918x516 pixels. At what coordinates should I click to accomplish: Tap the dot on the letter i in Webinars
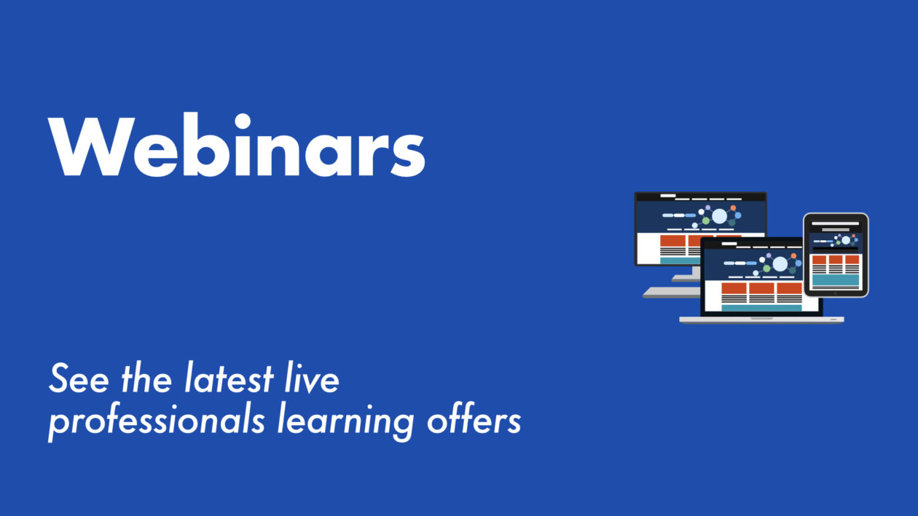coord(242,121)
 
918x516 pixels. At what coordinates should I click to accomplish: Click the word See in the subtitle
coord(79,378)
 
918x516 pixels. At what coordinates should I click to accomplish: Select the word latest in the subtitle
coord(229,377)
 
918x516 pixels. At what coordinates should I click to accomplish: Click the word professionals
coord(157,422)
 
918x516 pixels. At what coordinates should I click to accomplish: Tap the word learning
coord(345,422)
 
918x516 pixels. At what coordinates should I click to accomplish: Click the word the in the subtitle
coord(146,377)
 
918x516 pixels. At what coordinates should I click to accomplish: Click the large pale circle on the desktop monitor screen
coord(719,216)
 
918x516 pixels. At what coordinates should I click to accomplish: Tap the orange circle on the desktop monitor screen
coord(733,208)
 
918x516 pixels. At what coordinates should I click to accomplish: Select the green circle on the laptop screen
coord(766,269)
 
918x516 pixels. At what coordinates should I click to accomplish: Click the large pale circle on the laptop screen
coord(780,264)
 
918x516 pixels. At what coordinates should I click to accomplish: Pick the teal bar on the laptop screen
coord(761,308)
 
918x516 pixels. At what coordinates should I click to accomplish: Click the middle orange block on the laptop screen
coord(761,288)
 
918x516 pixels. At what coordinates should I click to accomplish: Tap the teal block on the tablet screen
coord(836,280)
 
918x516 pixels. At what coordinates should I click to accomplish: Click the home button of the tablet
coord(836,293)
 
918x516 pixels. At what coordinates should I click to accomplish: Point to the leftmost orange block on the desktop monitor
coord(672,240)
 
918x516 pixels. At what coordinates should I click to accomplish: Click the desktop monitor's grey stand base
coord(671,292)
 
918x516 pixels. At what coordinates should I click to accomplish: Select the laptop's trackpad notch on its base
coord(761,318)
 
